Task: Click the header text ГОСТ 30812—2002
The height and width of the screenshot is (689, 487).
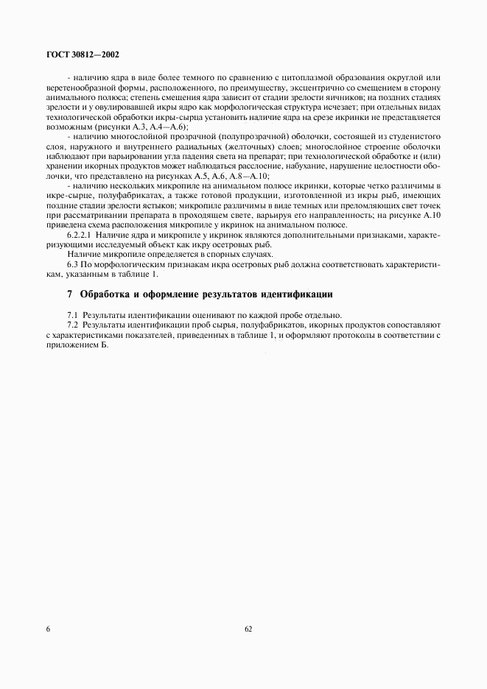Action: click(x=81, y=54)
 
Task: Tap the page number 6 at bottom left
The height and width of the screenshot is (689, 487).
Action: click(x=48, y=629)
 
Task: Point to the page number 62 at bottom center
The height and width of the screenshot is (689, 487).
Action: click(x=248, y=629)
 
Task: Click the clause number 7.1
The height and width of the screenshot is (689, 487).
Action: click(x=74, y=314)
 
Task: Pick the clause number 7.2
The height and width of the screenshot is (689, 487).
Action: click(x=74, y=323)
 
